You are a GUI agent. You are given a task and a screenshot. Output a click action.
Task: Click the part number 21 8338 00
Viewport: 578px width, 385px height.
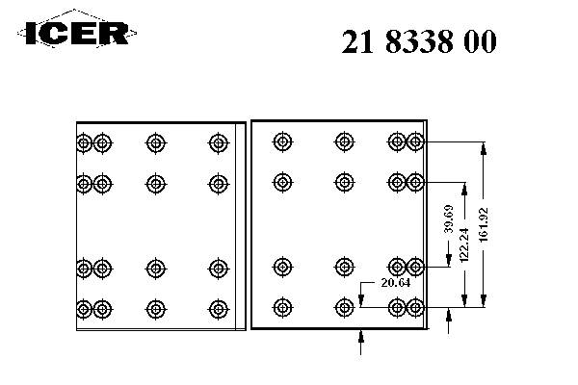coord(420,42)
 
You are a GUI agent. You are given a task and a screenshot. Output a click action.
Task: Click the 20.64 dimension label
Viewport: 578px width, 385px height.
coord(395,283)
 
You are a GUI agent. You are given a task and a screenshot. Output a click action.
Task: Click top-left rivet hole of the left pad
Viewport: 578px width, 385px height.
coord(84,143)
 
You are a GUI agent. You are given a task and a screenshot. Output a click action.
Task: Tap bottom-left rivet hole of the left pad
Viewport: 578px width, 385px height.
coord(84,308)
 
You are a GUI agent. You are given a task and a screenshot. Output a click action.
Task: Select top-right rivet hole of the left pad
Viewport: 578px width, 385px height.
coord(219,143)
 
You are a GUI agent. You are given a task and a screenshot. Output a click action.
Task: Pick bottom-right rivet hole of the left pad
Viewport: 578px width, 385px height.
coord(219,308)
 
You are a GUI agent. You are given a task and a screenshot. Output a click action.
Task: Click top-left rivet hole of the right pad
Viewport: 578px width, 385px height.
coord(282,142)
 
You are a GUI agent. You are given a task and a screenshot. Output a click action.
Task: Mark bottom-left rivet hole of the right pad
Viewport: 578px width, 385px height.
coord(282,307)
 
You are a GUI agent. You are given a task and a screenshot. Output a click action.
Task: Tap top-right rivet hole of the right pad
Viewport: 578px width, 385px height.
coord(415,142)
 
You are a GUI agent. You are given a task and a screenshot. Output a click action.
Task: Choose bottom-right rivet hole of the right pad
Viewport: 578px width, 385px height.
coord(415,307)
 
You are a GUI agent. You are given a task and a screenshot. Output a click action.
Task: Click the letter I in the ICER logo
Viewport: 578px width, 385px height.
coord(32,34)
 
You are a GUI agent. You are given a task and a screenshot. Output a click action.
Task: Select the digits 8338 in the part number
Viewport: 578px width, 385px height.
coord(420,42)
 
